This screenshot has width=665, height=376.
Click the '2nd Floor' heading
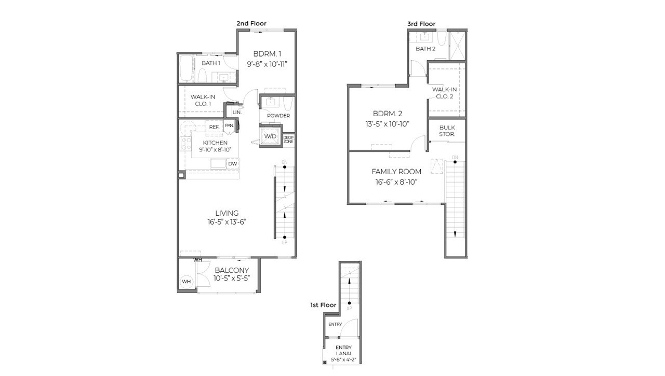point(250,24)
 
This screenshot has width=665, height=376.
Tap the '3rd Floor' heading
point(421,24)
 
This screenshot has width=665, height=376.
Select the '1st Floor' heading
point(323,305)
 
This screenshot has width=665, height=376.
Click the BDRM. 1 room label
point(268,53)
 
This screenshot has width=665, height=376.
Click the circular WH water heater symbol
point(187,282)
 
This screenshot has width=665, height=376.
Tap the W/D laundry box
point(270,136)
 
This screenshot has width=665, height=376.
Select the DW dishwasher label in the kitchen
point(232,164)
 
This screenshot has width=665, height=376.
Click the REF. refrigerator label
point(214,127)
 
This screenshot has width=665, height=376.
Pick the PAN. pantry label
point(229,126)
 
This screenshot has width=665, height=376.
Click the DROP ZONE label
point(288,140)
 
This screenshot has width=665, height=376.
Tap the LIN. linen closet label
point(237,112)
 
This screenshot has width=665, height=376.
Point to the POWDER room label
point(278,116)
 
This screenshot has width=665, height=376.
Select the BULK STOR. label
point(447,131)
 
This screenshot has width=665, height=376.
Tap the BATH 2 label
point(425,49)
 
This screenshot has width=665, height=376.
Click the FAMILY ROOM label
point(396,172)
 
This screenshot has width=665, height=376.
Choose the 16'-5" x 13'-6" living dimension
point(227,222)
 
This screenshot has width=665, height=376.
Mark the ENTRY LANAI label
point(343,351)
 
